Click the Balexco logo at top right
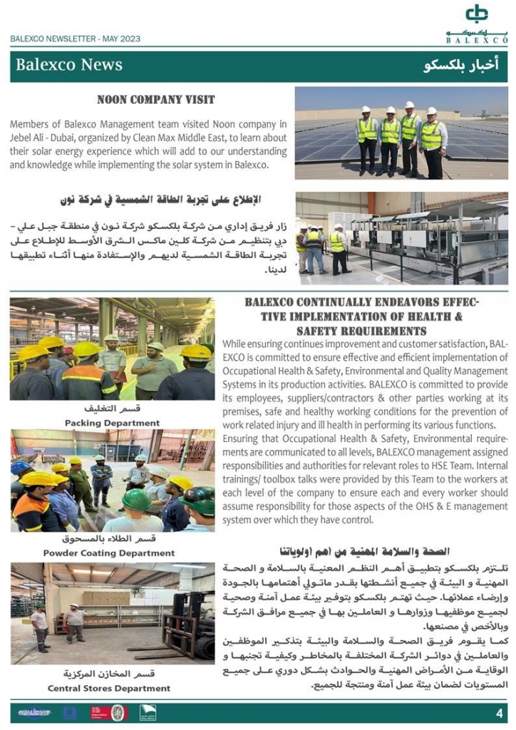coord(477,23)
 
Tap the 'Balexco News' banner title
coord(69,65)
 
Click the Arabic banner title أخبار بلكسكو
coord(461,66)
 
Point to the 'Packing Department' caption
coord(112,423)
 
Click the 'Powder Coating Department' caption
coord(109,552)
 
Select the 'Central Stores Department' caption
coord(109,688)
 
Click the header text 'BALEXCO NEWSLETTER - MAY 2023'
coord(75,39)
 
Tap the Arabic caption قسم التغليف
coord(112,409)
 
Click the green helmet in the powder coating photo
coord(137,500)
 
